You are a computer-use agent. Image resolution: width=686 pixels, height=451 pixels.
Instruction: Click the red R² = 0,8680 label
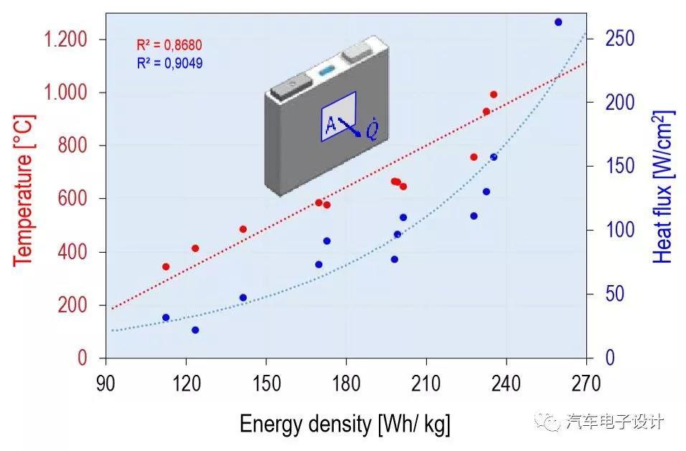coord(169,46)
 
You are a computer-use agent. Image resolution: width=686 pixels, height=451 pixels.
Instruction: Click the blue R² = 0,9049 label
coord(169,63)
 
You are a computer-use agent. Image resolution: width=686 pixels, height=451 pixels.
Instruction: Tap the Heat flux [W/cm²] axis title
coord(663,187)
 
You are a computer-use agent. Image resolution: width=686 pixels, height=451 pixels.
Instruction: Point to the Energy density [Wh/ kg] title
coord(345,424)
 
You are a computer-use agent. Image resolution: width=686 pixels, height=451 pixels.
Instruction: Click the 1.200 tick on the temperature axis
coord(66,39)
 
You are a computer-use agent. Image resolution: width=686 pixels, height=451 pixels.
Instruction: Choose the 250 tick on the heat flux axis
coord(620,39)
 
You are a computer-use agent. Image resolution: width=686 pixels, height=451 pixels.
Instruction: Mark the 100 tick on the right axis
coord(620,231)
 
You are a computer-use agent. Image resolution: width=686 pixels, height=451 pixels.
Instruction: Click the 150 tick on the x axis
coord(266,381)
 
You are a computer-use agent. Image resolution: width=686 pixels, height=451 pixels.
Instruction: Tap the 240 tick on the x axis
coord(507,381)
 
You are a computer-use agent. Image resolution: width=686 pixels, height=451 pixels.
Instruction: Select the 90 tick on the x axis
coord(105,381)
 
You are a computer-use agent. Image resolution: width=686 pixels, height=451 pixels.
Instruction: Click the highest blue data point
coord(558,22)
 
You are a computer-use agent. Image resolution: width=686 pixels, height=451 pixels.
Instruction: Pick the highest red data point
coord(494,95)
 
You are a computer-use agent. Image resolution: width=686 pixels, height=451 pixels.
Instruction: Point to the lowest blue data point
coord(195,330)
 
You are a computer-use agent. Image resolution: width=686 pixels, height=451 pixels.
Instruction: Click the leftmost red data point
coord(166,266)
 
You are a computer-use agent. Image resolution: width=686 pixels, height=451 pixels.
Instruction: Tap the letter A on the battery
coord(330,124)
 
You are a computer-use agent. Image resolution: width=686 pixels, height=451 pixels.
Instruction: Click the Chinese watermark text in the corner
coord(615,422)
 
